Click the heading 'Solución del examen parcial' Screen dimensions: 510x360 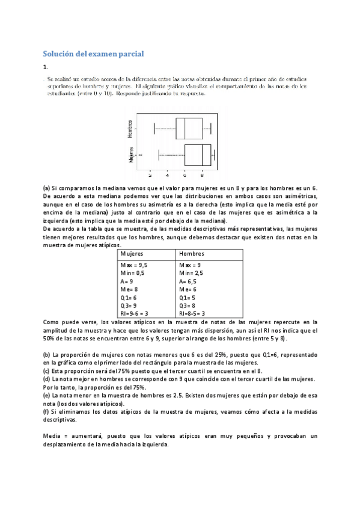pos(93,54)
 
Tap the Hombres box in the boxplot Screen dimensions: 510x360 pos(189,129)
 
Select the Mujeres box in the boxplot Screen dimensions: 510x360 pos(198,155)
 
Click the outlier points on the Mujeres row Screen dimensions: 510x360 pos(140,155)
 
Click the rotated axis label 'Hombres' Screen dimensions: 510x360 pos(130,129)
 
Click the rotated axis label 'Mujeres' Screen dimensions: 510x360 pos(130,155)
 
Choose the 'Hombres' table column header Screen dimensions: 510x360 pos(192,254)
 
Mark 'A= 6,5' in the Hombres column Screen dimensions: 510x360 pos(190,281)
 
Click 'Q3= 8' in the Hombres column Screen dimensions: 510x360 pos(189,305)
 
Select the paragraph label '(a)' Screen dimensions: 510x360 pos(46,188)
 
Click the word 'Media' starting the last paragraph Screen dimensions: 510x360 pos(52,435)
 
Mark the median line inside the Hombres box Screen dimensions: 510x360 pos(185,129)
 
